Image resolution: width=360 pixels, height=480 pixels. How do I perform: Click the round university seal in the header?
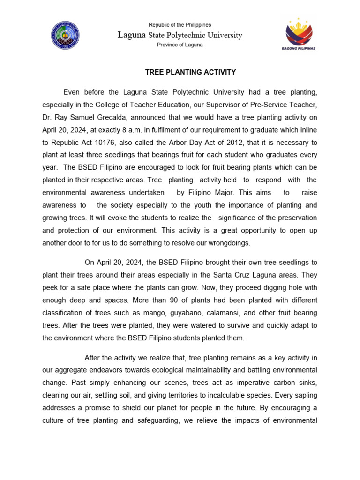click(x=65, y=35)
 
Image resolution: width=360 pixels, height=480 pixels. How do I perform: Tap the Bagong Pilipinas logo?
click(x=301, y=35)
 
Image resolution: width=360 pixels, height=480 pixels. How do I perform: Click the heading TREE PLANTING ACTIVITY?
click(x=190, y=72)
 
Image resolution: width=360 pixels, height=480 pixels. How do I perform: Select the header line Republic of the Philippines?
click(x=180, y=25)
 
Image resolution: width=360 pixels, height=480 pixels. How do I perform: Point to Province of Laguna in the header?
click(x=180, y=45)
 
